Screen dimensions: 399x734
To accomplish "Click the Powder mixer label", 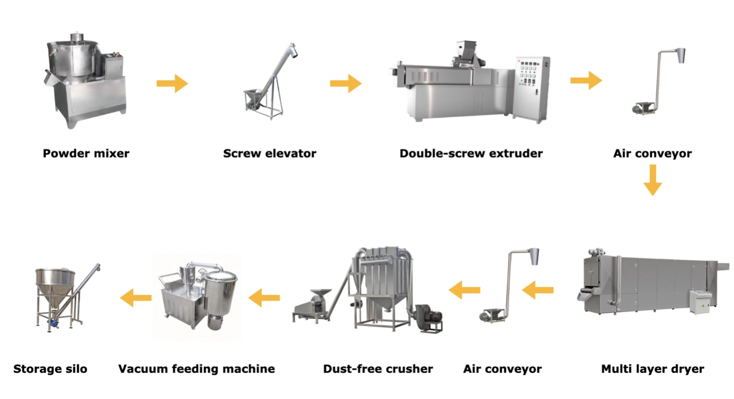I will pyautogui.click(x=86, y=154).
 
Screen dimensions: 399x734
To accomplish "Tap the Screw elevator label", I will pyautogui.click(x=270, y=154).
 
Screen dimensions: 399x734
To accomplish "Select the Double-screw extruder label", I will pyautogui.click(x=471, y=154).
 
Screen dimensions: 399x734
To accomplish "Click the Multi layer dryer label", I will pyautogui.click(x=653, y=369).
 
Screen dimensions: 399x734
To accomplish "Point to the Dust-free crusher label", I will pyautogui.click(x=378, y=369).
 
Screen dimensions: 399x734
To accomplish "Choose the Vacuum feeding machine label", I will pyautogui.click(x=197, y=369).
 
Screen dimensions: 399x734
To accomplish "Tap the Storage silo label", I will pyautogui.click(x=50, y=369).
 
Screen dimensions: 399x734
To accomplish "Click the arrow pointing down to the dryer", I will pyautogui.click(x=653, y=180).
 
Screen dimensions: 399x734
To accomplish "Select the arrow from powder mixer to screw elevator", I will pyautogui.click(x=172, y=84).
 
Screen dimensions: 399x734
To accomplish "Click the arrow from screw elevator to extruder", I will pyautogui.click(x=346, y=84).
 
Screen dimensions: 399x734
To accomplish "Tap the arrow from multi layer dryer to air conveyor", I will pyautogui.click(x=537, y=290).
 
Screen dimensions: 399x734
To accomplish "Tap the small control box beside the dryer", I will pyautogui.click(x=699, y=302).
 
